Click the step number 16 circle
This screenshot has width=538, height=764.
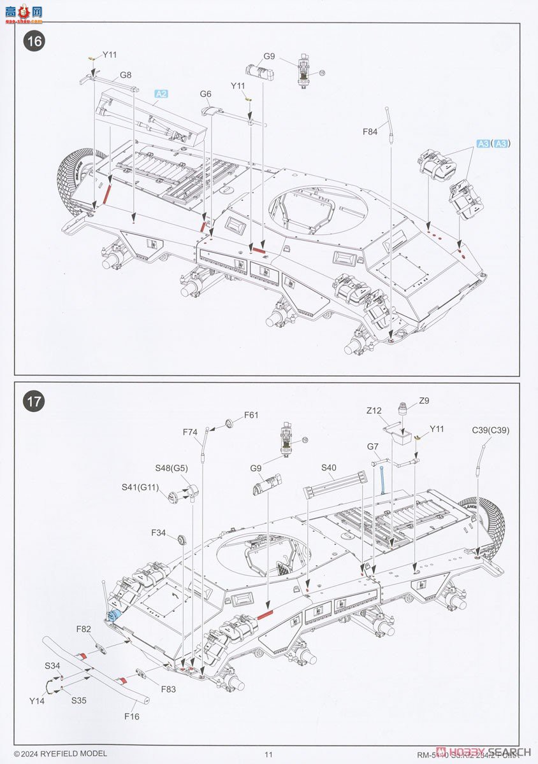tap(34, 41)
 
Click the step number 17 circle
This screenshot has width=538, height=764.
tap(34, 402)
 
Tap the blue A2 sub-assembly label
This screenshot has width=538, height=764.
tap(161, 94)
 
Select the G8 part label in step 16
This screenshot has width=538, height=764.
tap(125, 76)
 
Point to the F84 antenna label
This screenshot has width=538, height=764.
tap(370, 132)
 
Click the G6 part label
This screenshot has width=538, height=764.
tap(205, 94)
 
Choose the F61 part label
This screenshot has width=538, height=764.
tap(251, 415)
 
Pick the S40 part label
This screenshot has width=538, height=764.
tap(328, 468)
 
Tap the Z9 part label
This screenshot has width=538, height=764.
tap(424, 400)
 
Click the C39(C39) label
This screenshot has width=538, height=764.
tap(491, 430)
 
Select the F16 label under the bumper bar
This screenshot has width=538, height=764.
tap(131, 716)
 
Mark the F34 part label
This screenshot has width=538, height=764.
tap(159, 532)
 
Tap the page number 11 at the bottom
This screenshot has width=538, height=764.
tap(268, 754)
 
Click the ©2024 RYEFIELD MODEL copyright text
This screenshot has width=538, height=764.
tap(60, 754)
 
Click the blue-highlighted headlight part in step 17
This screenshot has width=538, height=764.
tap(114, 615)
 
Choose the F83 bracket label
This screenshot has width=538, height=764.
tap(168, 689)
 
